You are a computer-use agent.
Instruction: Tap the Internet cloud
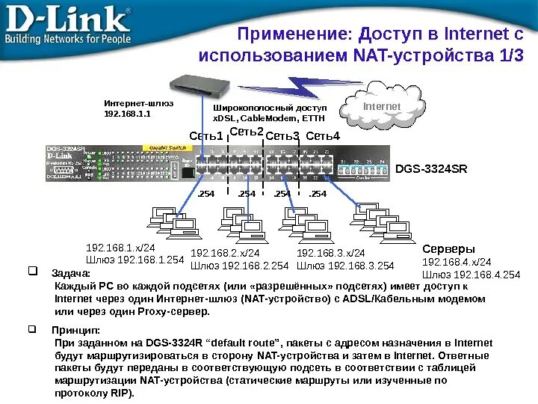tap(382, 108)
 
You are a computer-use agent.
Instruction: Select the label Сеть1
tap(207, 136)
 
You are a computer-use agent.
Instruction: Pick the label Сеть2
tap(247, 132)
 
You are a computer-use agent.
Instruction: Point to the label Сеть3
tap(282, 136)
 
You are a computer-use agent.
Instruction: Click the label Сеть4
tap(323, 136)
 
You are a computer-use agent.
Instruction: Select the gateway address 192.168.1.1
tap(127, 114)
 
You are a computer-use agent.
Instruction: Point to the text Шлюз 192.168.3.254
tap(345, 266)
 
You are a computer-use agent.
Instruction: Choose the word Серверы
tap(449, 248)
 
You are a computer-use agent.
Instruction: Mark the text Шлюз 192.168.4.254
tap(471, 275)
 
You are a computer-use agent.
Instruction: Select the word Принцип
tap(75, 330)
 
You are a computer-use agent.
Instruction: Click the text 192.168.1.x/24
tap(121, 248)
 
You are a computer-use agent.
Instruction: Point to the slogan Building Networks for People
tap(68, 38)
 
